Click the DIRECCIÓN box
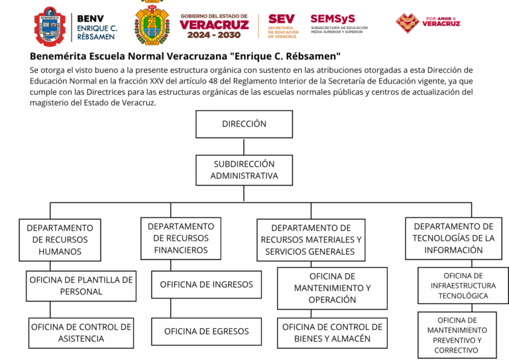click(x=244, y=124)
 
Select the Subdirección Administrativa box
click(x=244, y=170)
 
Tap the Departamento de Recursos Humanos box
click(x=60, y=239)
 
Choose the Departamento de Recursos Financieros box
click(x=180, y=238)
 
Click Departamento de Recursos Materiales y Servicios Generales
click(x=310, y=239)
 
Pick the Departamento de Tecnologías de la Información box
click(x=453, y=238)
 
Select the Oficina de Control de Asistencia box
click(x=81, y=333)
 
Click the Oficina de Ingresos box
click(x=206, y=284)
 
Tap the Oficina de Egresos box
click(x=206, y=331)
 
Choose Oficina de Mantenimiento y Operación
click(x=332, y=288)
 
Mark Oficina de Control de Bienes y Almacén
click(x=332, y=333)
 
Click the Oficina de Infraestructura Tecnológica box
click(x=463, y=286)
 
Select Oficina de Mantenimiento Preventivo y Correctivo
click(x=457, y=335)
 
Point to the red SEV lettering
click(x=282, y=19)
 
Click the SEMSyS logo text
click(x=333, y=19)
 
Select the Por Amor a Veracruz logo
click(x=427, y=23)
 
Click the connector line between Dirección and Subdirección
click(x=244, y=146)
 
